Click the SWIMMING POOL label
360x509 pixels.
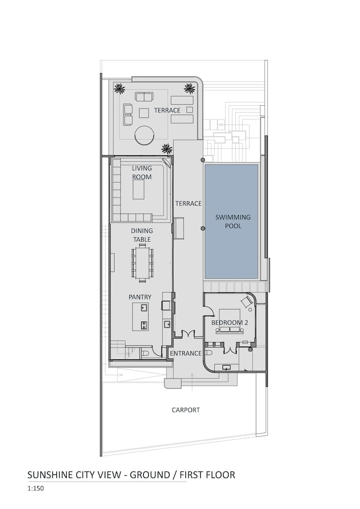point(233,221)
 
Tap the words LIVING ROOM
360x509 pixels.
point(142,173)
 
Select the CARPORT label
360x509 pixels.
point(185,410)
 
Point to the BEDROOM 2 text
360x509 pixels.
point(230,322)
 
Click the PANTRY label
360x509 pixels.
point(140,297)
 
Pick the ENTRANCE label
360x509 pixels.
point(185,353)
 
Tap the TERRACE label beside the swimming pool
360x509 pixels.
point(188,204)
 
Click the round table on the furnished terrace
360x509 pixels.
point(144,135)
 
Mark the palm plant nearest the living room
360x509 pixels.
point(167,149)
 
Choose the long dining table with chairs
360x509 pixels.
point(143,263)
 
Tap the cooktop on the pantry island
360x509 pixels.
point(144,324)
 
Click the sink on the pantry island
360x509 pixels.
point(144,308)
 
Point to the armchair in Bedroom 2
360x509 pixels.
point(246,301)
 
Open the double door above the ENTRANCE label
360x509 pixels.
point(188,334)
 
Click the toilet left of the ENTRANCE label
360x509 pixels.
point(145,353)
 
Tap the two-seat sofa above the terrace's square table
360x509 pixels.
point(144,96)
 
